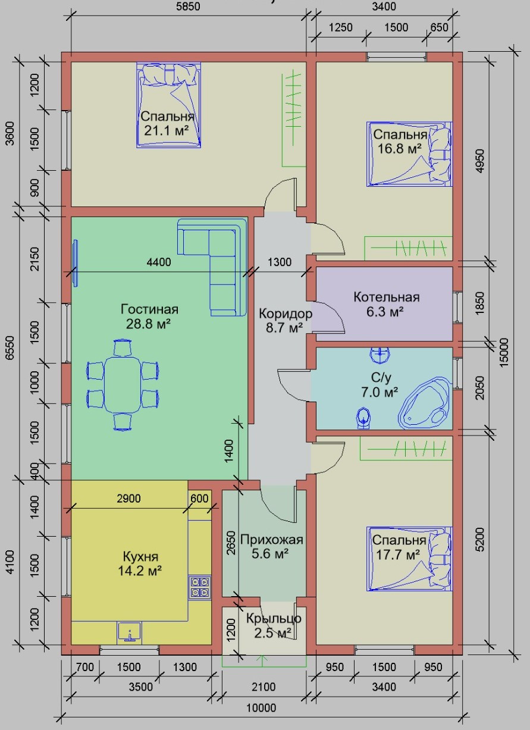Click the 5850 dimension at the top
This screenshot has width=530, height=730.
point(188,7)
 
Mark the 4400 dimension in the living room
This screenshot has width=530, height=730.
point(159,262)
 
